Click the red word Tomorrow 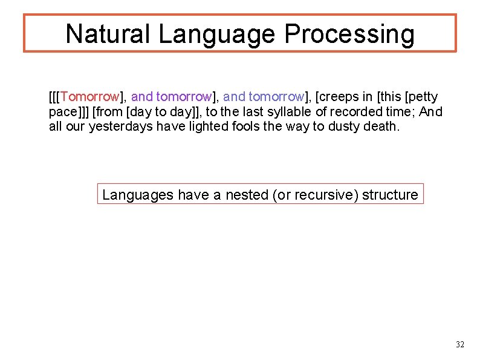[89, 97]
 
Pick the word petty [423, 97]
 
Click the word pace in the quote [63, 112]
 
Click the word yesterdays [118, 127]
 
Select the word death [381, 127]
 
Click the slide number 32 [460, 344]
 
